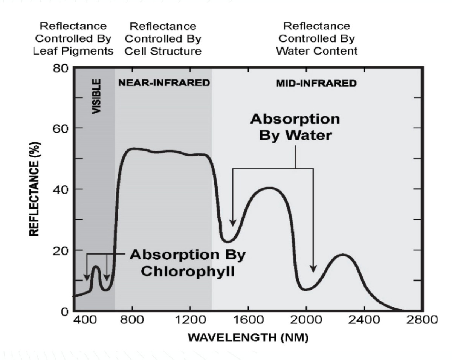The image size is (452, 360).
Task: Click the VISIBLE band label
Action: coord(97,96)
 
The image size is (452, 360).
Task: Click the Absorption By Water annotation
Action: coord(295,127)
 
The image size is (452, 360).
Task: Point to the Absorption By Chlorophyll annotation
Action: coord(188,262)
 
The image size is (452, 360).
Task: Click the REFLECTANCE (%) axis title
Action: coord(34,189)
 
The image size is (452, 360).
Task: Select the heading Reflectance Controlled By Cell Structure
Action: coord(163,39)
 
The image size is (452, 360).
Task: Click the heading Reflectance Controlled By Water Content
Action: coord(316,39)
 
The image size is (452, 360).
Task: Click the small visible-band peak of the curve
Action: coord(95,267)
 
